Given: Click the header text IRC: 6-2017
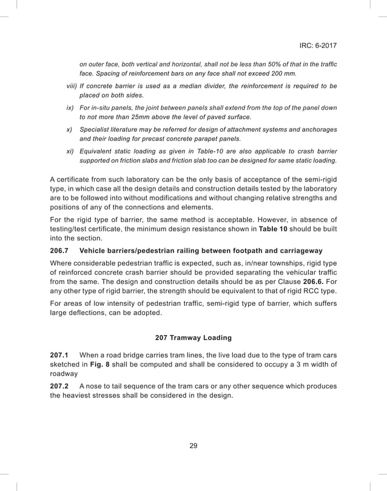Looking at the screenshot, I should click(x=318, y=46).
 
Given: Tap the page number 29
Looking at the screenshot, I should click(x=193, y=446).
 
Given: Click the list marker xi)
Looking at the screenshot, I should click(x=70, y=151).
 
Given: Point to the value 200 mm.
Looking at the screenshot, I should click(x=284, y=74).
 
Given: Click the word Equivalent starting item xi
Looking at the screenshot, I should click(x=97, y=151).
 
